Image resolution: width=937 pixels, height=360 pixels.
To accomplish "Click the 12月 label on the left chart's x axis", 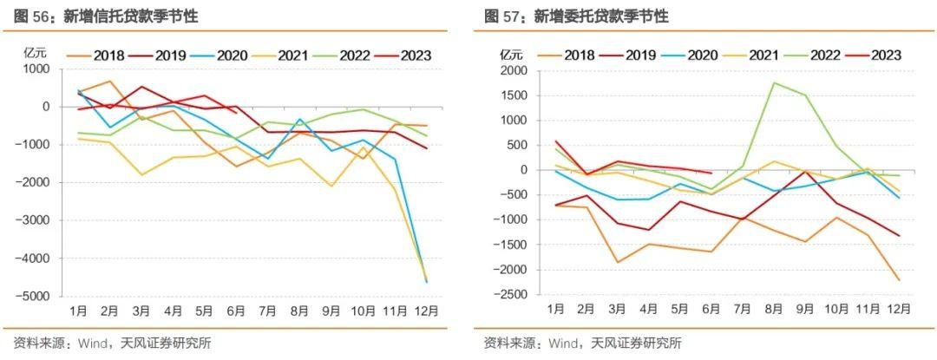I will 423,310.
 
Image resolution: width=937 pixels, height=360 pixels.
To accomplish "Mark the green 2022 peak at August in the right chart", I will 773,83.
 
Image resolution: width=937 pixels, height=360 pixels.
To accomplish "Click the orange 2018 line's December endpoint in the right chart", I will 899,279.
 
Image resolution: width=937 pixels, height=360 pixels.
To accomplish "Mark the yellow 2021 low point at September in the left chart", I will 356,186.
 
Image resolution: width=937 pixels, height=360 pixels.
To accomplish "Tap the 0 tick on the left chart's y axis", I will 48,107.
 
